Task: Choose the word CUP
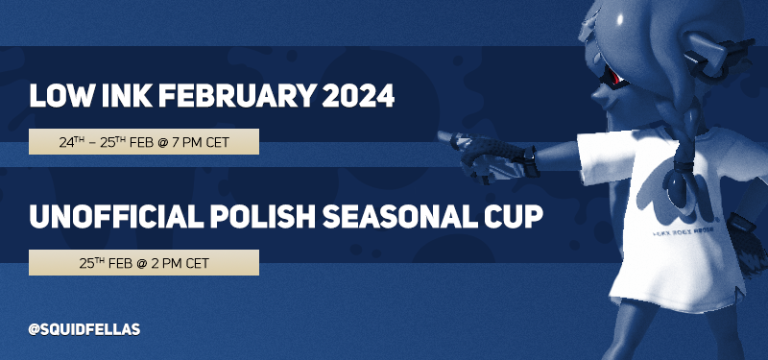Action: (x=509, y=217)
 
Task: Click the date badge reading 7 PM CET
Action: (x=144, y=142)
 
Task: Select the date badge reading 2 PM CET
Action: (x=144, y=261)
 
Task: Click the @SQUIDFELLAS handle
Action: (x=84, y=329)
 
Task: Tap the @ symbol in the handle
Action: (x=34, y=329)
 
